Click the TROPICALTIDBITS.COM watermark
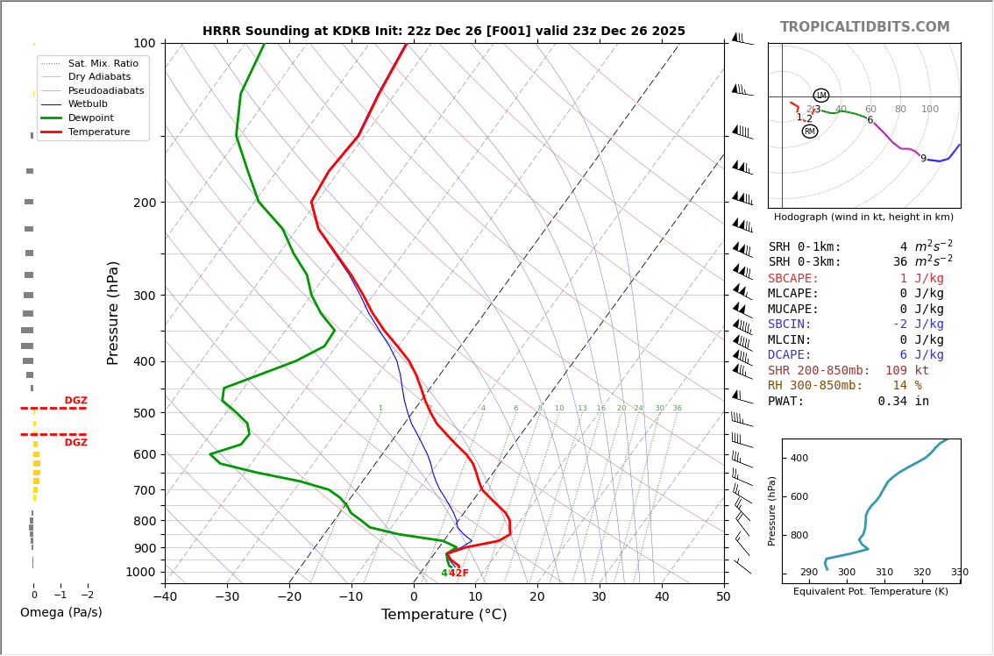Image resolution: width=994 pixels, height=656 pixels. [x=864, y=27]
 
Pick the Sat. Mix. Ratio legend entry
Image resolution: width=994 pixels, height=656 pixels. [x=103, y=63]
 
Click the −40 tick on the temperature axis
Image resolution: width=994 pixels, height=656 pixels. [x=165, y=597]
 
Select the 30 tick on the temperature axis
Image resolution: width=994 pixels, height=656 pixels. [x=599, y=597]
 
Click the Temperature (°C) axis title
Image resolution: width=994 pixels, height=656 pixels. [x=444, y=615]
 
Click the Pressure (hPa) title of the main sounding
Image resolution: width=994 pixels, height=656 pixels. [x=113, y=312]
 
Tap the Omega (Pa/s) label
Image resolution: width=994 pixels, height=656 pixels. [x=60, y=612]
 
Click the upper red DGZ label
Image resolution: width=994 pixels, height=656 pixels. [x=75, y=401]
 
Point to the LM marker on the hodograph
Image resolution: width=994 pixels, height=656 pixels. [x=821, y=96]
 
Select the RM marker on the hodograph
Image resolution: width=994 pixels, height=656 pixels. [x=810, y=132]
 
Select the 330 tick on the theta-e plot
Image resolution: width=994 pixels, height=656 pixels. [x=959, y=573]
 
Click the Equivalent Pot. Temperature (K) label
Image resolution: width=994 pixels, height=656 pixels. [x=870, y=591]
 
